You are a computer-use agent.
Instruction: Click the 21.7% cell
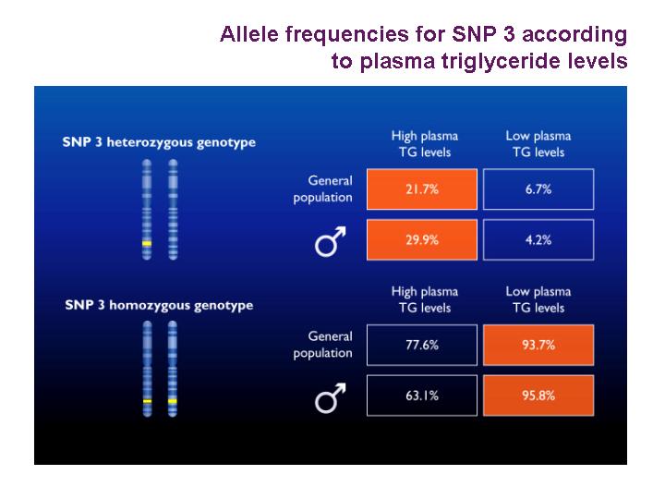pos(422,189)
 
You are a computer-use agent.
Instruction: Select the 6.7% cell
pos(538,189)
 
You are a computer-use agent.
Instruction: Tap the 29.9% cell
pos(422,239)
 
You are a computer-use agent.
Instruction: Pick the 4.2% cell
pos(538,239)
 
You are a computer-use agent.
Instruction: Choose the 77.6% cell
pos(422,345)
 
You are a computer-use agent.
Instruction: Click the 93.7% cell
pos(538,345)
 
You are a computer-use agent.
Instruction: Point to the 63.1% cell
pos(422,396)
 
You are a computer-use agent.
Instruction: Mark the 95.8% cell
pos(538,396)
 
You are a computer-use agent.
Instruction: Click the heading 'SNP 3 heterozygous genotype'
pos(159,142)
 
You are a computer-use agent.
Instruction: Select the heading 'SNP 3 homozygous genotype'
pos(159,306)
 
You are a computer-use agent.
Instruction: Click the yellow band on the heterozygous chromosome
pos(147,244)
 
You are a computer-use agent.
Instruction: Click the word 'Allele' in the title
pos(249,34)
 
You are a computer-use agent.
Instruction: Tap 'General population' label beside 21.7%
pos(322,189)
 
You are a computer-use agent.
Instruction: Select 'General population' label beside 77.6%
pos(322,345)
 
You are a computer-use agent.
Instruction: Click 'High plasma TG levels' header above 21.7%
pos(425,144)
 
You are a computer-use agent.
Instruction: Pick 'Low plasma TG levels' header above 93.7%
pos(538,299)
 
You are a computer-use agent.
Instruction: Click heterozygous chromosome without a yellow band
pos(173,210)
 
